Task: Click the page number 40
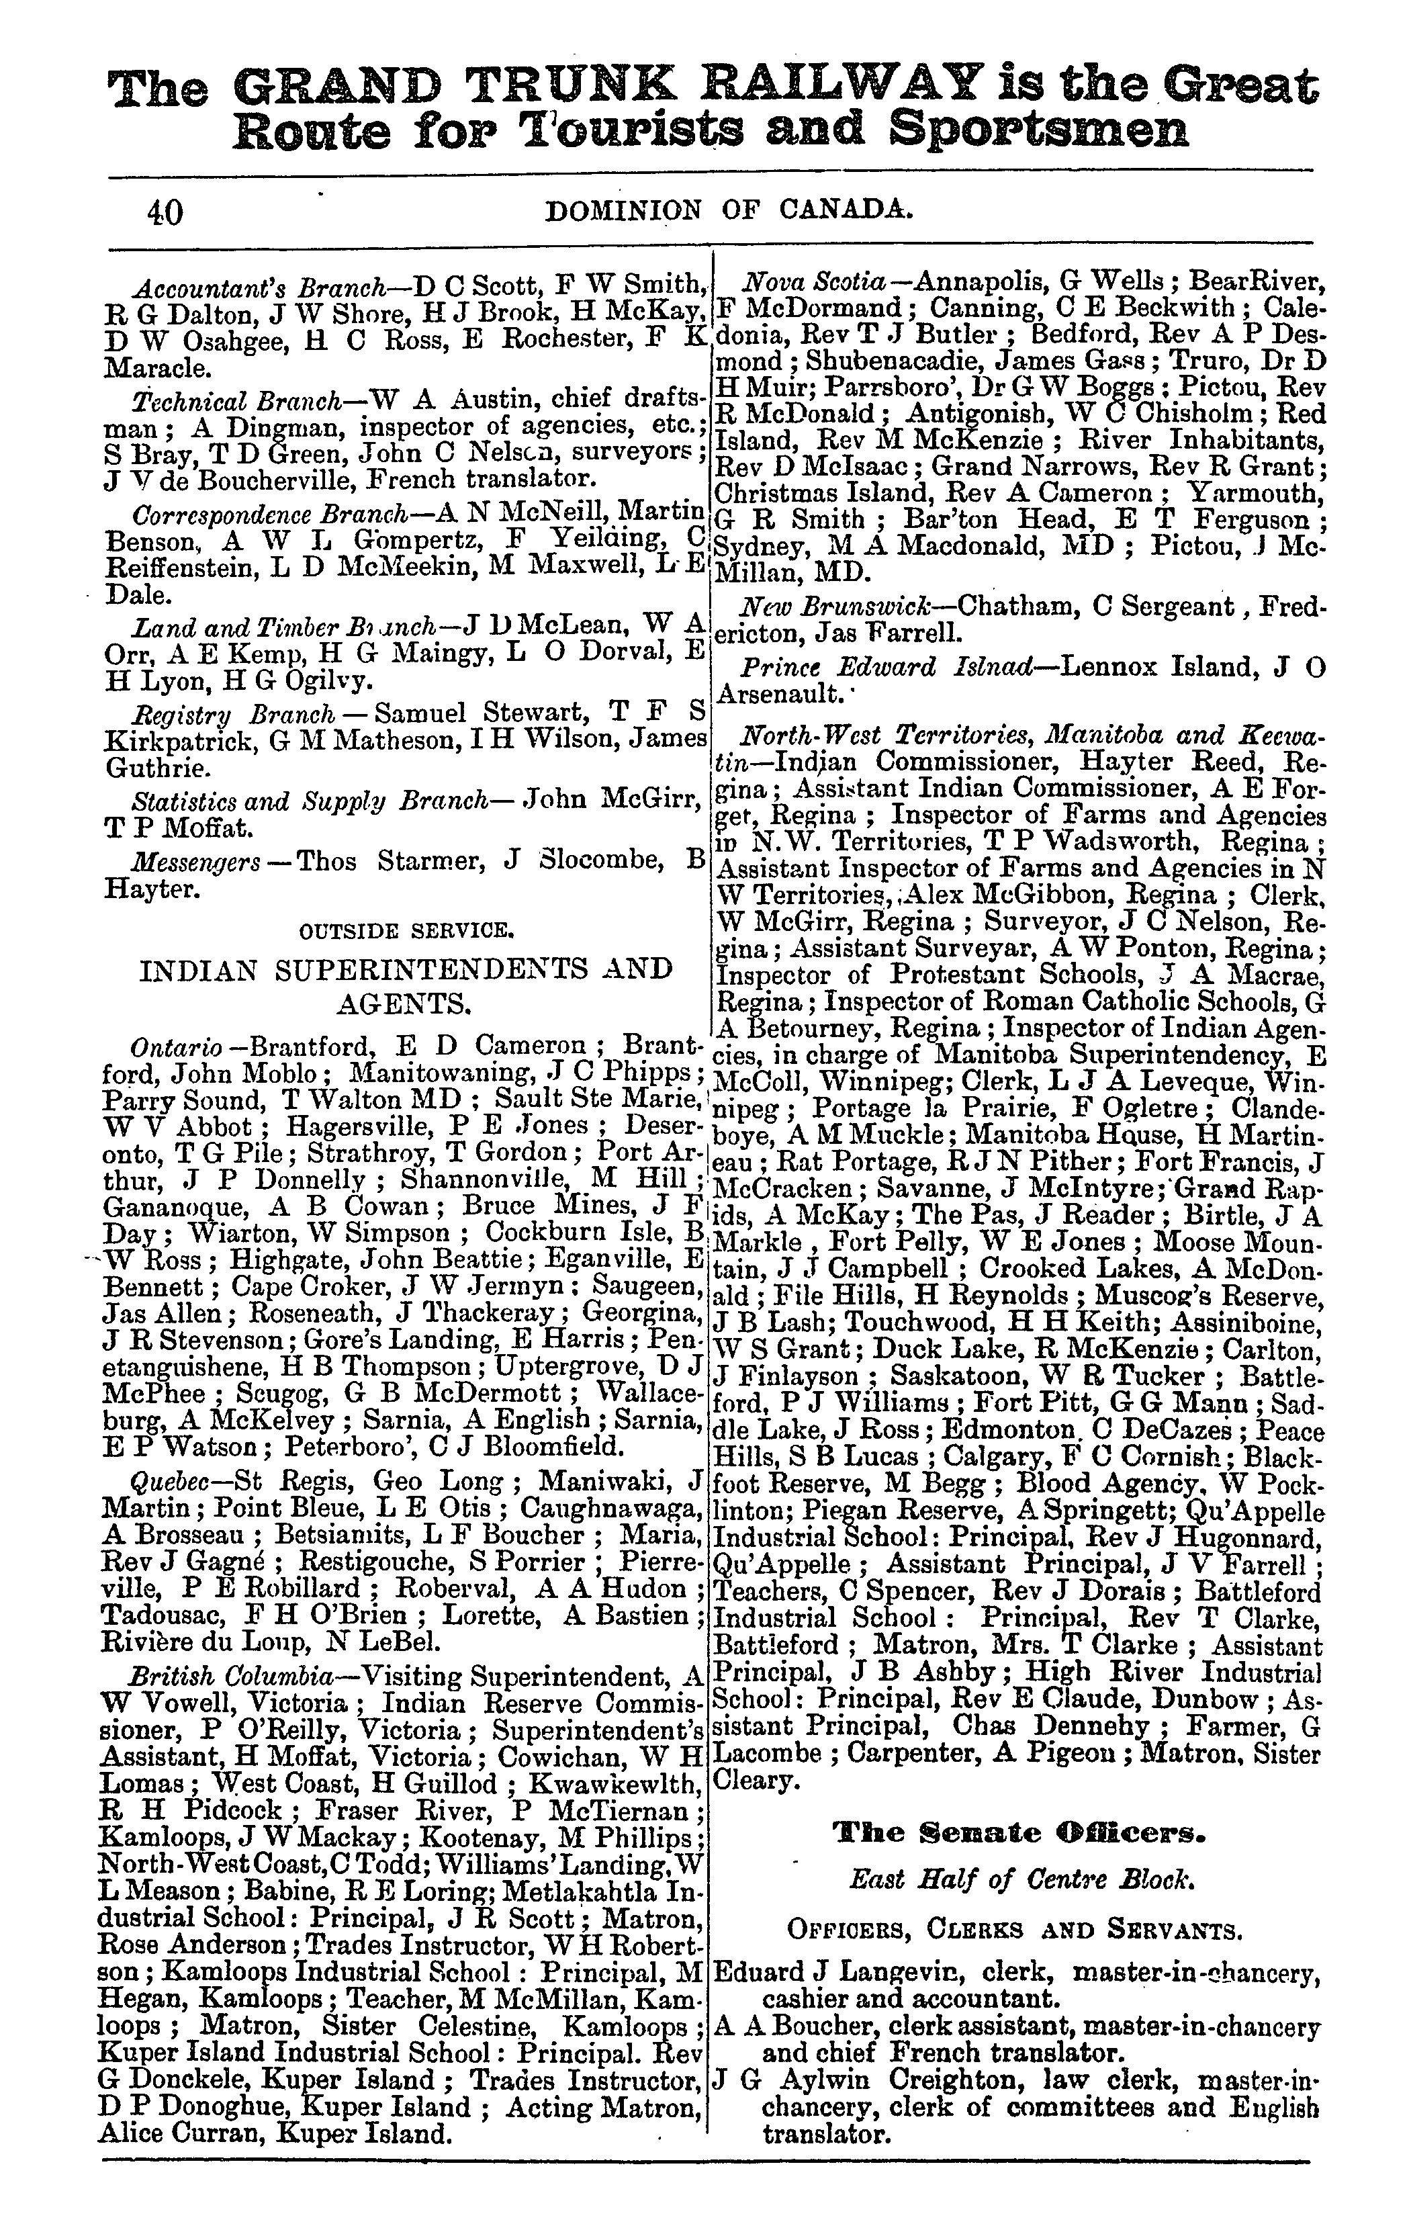click(x=165, y=213)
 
